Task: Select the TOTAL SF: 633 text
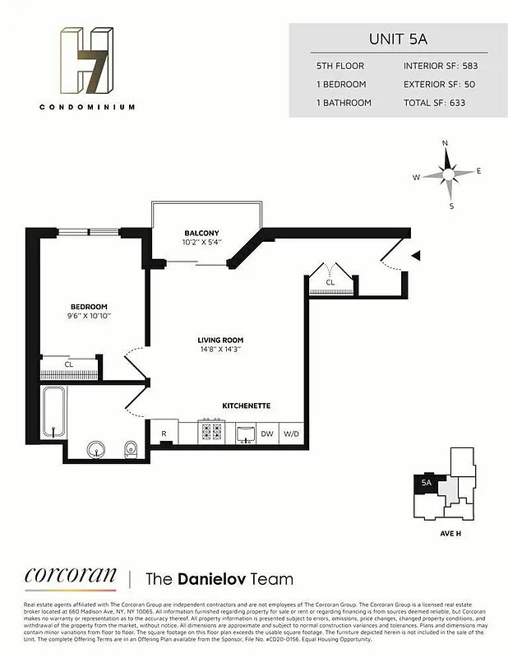435,104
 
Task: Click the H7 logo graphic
86,61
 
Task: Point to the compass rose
448,174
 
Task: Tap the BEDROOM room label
88,307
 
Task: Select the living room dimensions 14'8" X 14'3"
220,350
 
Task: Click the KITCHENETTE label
247,406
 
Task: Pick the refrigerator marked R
164,433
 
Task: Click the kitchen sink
245,433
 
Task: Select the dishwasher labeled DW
267,433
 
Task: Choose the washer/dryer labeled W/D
292,433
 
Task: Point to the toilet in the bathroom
130,448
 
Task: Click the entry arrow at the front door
415,254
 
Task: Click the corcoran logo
70,576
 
